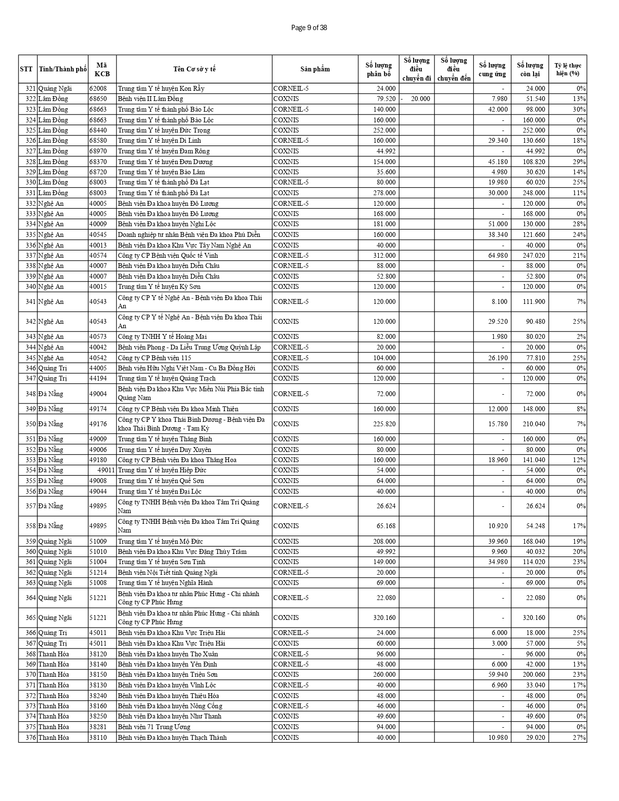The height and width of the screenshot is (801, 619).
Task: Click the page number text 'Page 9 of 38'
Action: pos(309,28)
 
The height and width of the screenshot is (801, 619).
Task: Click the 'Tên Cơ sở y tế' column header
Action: pos(194,69)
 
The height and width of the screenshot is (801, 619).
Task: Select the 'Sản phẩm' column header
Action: pos(315,69)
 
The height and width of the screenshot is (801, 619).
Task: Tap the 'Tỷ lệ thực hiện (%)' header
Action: pos(568,69)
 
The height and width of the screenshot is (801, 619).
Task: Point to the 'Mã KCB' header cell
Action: pos(102,69)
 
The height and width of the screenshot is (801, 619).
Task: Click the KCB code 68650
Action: pos(98,99)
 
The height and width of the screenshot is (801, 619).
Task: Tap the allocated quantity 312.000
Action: pos(384,255)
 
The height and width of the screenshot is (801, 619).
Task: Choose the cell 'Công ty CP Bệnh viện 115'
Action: pos(154,358)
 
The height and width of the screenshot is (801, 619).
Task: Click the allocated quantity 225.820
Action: pos(384,424)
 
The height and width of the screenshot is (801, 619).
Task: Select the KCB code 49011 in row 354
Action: pos(106,470)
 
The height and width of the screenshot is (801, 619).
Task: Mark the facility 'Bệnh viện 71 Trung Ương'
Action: pos(154,727)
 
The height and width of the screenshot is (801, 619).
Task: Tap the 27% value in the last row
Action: pos(581,737)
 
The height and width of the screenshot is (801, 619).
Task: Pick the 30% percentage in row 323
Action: pos(580,109)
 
